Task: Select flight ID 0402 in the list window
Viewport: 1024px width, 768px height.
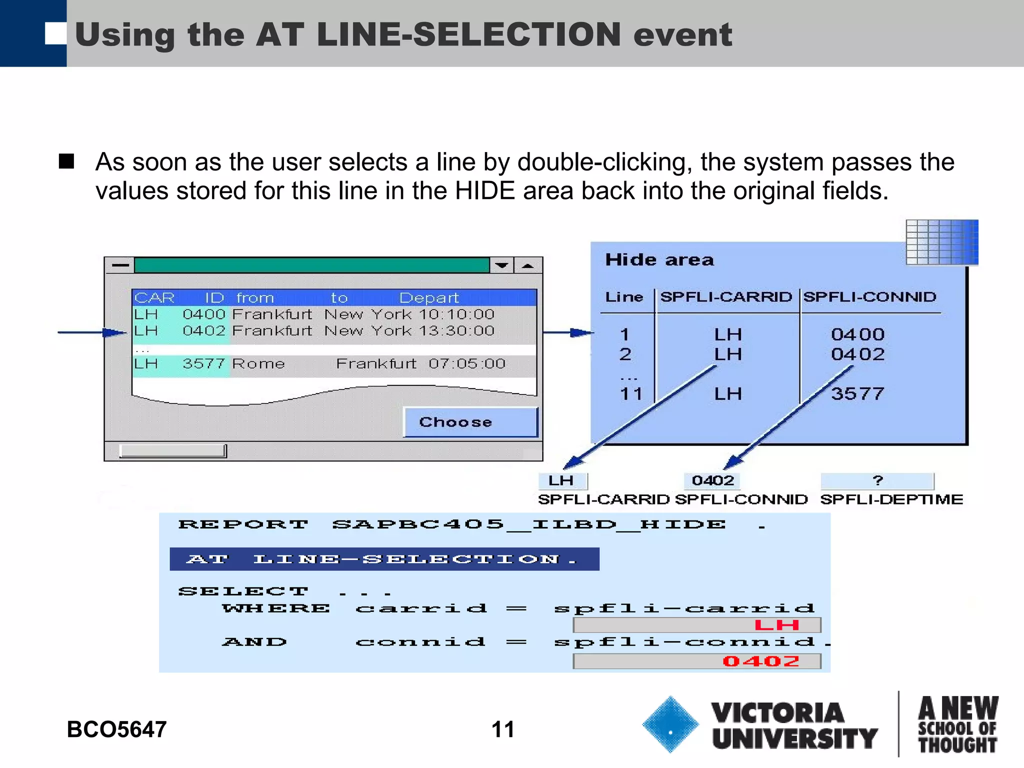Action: (x=204, y=331)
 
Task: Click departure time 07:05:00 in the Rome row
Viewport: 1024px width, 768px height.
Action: (x=466, y=363)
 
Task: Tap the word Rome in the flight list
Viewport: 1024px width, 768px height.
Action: (x=258, y=363)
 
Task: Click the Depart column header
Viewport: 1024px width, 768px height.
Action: (x=428, y=298)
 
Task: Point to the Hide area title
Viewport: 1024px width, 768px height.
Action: (x=659, y=260)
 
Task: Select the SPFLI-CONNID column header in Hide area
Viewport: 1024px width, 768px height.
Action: (x=869, y=297)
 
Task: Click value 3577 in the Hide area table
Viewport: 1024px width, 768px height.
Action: (x=857, y=394)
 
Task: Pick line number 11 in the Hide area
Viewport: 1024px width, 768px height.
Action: (x=630, y=394)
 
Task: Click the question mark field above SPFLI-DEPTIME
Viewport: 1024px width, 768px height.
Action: (x=877, y=481)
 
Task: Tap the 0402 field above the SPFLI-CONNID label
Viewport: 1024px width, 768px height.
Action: (x=712, y=481)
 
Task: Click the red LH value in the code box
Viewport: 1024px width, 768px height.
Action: (x=776, y=625)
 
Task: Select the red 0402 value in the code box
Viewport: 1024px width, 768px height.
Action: (x=760, y=661)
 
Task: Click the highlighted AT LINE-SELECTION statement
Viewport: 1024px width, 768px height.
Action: (x=384, y=559)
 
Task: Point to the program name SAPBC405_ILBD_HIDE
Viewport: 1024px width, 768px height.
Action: (x=529, y=524)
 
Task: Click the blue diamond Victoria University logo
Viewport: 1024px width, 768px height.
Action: (x=670, y=724)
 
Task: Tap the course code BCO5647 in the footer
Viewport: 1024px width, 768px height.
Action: (x=116, y=729)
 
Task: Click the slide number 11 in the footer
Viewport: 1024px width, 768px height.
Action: (x=502, y=729)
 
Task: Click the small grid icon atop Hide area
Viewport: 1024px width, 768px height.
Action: (x=941, y=242)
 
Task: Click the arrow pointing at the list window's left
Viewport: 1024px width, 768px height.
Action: (x=92, y=332)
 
